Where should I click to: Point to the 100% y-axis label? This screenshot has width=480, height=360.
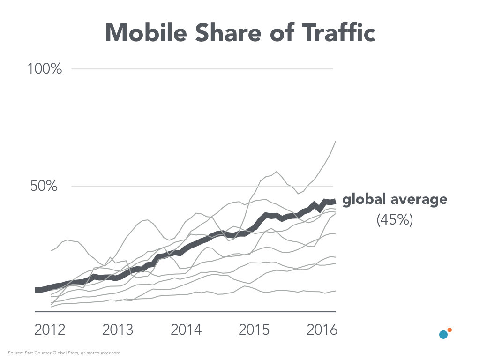coord(45,69)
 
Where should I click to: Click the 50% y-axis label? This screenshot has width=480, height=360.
coord(44,186)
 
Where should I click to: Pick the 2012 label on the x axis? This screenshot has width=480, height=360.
coord(50,330)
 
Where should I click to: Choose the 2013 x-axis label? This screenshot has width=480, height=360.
coord(117,330)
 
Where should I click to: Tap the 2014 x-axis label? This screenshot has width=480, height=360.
coord(186,330)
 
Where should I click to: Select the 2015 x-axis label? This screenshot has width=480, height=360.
coord(255,330)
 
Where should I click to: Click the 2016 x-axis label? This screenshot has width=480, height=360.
coord(322,330)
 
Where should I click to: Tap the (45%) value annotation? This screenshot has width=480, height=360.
coord(395,220)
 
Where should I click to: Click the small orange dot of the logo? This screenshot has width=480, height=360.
coord(450,330)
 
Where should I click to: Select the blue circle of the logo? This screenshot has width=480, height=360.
coord(443,335)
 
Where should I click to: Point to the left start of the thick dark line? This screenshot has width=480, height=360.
coord(36,290)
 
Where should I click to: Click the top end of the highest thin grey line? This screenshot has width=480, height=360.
coord(335,141)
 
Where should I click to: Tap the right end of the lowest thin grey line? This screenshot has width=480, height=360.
coord(335,291)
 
